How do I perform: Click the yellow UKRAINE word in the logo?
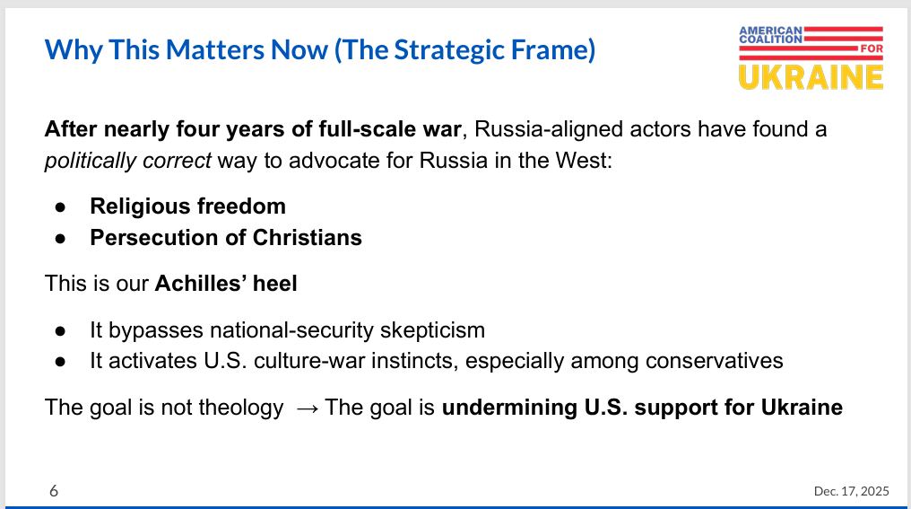click(811, 75)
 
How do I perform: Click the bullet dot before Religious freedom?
click(60, 206)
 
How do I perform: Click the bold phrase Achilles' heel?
click(226, 285)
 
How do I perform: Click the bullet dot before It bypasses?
click(60, 329)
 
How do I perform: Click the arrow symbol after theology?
click(307, 408)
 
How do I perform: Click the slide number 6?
click(54, 491)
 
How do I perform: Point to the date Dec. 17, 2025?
click(851, 491)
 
